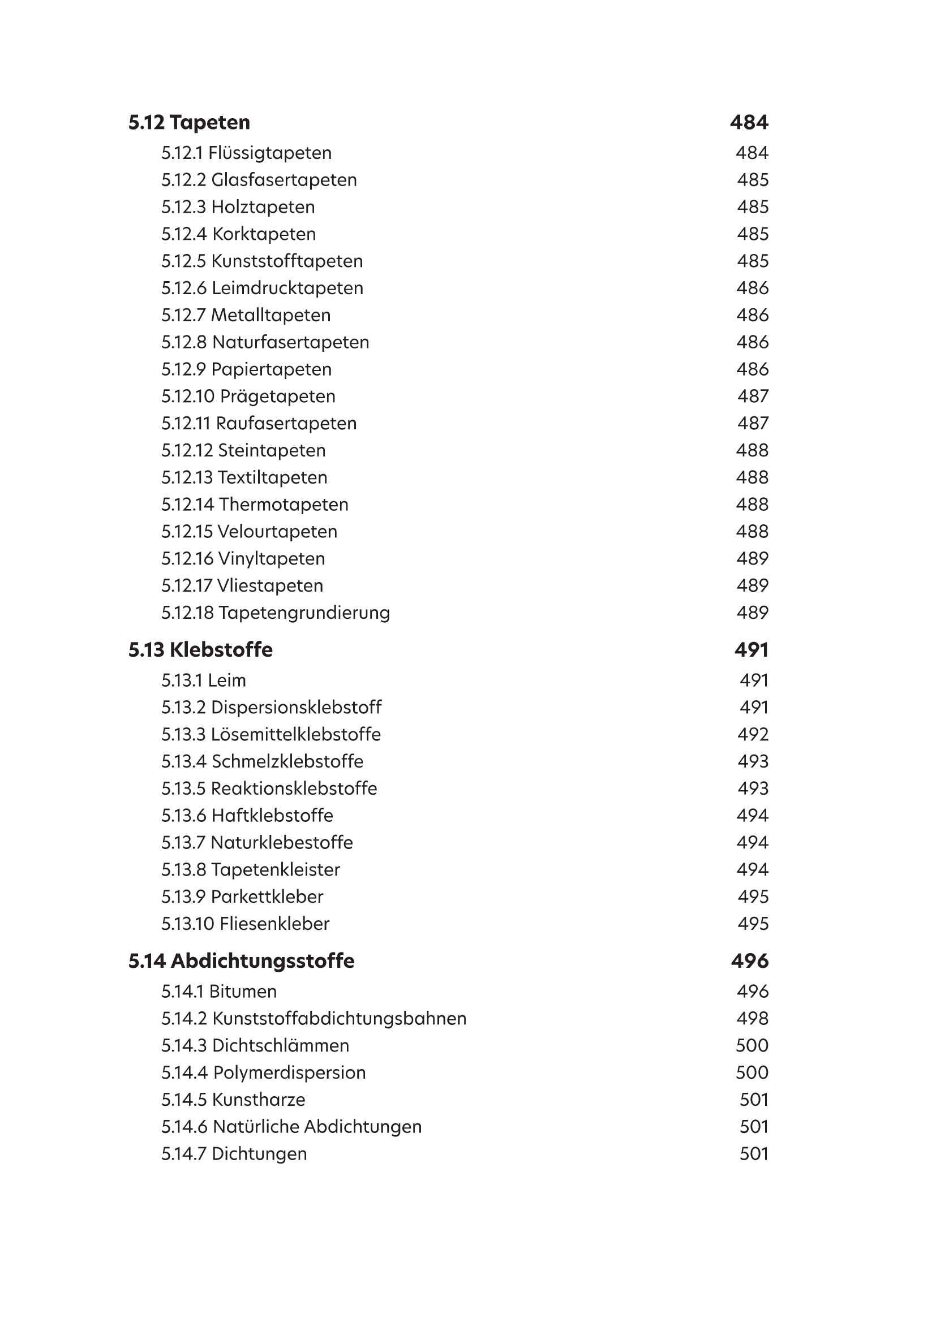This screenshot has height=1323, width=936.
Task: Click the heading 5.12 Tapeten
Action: (189, 122)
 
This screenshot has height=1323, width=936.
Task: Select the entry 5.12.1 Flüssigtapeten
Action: (246, 153)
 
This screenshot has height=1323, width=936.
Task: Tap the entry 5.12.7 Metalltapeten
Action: (246, 315)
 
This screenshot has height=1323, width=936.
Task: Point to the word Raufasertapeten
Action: (286, 424)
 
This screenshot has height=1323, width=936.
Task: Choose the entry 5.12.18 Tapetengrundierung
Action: (276, 613)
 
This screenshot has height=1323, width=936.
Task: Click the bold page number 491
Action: (751, 650)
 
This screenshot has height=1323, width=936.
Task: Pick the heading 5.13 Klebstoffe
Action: (200, 650)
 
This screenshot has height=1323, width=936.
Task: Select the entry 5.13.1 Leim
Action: (204, 680)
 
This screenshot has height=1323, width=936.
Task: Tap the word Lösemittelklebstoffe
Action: (295, 735)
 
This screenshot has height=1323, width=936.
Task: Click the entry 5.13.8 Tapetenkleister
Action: (250, 869)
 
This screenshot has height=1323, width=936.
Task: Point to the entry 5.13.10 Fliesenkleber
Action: (245, 924)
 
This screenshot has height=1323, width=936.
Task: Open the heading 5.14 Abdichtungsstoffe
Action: (241, 961)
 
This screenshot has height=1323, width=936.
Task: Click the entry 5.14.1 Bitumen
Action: (219, 992)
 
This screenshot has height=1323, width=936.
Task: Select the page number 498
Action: (752, 1019)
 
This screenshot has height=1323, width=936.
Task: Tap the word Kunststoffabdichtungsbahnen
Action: (340, 1019)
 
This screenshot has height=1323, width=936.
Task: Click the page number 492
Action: (753, 735)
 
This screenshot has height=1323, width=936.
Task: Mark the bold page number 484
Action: (749, 122)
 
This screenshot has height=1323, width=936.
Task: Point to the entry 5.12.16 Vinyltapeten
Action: (243, 558)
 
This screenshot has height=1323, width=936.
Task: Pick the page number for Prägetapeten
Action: (753, 397)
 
